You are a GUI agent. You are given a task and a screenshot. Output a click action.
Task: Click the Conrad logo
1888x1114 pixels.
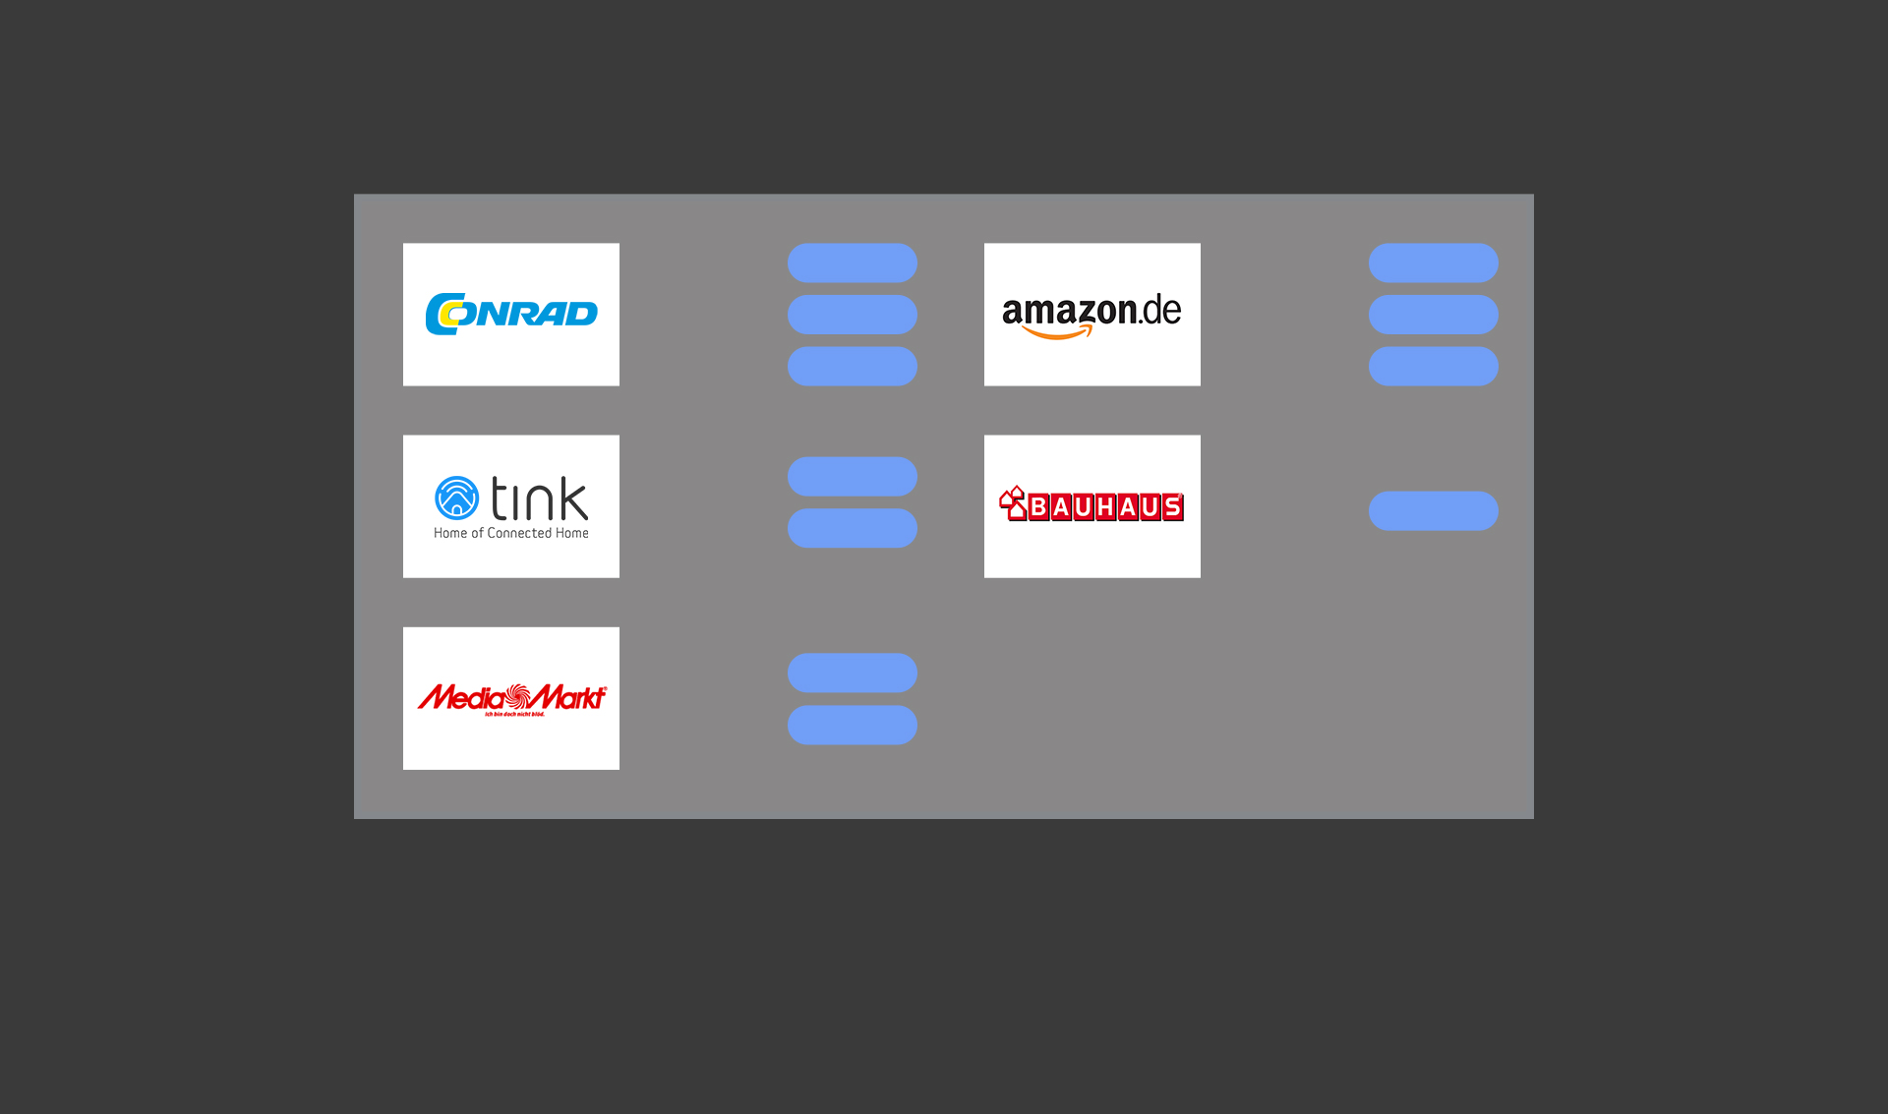coord(511,314)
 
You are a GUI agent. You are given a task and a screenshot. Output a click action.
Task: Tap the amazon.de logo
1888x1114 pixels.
coord(1091,314)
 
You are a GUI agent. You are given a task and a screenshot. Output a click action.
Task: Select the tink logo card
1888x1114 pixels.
coord(511,505)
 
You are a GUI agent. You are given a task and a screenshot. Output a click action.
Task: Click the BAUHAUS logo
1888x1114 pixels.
coord(1091,505)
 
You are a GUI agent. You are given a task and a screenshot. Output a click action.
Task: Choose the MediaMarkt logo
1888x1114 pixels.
coord(511,698)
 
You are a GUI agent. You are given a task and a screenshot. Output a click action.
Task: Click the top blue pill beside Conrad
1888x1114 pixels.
coord(852,263)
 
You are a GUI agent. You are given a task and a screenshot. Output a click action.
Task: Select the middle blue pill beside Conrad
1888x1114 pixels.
coord(852,315)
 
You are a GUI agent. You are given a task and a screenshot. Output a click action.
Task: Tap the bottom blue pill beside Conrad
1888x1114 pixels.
coord(852,366)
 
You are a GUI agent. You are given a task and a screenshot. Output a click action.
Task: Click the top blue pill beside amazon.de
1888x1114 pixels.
coord(1433,263)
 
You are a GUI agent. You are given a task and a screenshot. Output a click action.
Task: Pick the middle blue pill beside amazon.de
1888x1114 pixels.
coord(1433,315)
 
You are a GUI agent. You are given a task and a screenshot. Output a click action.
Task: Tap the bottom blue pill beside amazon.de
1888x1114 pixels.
coord(1433,366)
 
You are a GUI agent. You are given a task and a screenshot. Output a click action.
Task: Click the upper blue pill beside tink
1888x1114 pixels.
coord(852,476)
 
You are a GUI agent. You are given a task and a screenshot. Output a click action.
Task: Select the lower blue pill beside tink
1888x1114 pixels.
coord(852,528)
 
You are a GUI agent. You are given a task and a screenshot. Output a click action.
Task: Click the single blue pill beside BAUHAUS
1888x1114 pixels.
coord(1433,510)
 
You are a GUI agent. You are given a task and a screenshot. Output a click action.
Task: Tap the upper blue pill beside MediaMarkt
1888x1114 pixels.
coord(852,673)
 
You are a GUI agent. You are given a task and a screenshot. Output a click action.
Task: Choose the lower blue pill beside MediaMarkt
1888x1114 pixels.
coord(852,725)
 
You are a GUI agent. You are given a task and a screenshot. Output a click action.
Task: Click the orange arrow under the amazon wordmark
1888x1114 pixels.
coord(1058,333)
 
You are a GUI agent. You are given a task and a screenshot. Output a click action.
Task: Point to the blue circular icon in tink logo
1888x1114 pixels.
coord(456,498)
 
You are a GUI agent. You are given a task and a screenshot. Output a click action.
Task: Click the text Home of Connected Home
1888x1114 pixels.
coord(511,533)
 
